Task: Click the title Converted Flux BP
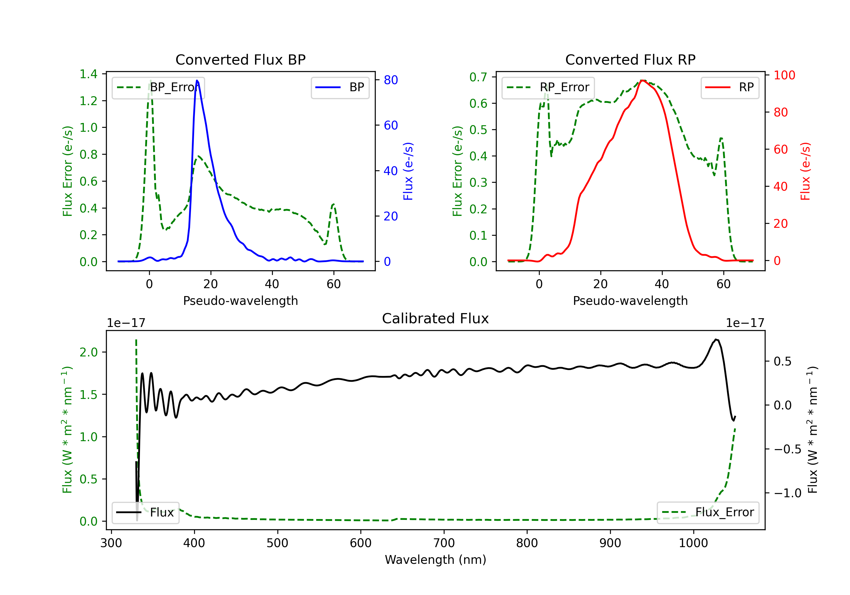tap(240, 59)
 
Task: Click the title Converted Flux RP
tap(630, 59)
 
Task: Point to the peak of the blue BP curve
tap(197, 80)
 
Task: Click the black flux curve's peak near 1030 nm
tap(716, 339)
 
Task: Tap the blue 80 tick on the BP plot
tap(390, 80)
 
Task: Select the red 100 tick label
tap(784, 75)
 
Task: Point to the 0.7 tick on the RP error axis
tap(478, 77)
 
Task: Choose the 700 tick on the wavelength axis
tap(444, 543)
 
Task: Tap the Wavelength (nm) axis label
tap(435, 560)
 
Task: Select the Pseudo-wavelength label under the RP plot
tap(630, 301)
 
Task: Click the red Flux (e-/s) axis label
tap(805, 171)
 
